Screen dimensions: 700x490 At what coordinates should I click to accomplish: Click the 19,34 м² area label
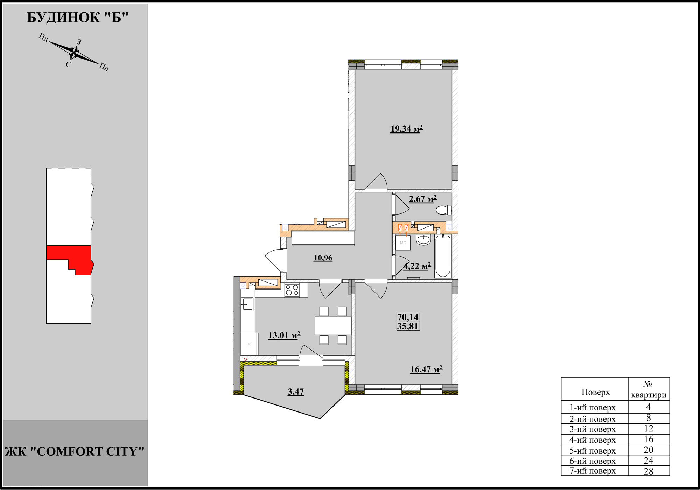[406, 129]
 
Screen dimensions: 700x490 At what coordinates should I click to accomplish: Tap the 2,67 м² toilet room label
[423, 199]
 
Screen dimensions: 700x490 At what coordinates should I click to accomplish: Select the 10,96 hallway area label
[323, 258]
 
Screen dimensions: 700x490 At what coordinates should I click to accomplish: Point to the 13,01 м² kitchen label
[284, 335]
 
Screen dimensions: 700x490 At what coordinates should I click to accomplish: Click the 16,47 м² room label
[426, 369]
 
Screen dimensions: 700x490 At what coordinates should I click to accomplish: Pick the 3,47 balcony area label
[296, 392]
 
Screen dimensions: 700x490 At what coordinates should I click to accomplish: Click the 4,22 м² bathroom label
[417, 266]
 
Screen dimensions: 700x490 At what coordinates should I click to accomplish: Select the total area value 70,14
[408, 317]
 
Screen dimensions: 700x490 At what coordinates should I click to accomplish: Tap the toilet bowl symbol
[444, 210]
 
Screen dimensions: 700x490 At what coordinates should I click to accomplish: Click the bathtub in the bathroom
[443, 257]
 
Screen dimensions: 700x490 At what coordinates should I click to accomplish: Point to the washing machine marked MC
[403, 243]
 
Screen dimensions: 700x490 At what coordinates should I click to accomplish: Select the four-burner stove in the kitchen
[292, 290]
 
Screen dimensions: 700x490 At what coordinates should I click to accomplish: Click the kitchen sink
[247, 304]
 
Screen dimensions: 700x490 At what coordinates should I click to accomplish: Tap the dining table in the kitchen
[333, 326]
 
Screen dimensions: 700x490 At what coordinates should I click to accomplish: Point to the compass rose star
[74, 53]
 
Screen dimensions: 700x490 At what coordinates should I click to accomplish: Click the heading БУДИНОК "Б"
[78, 17]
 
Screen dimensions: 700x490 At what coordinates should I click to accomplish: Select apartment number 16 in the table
[649, 439]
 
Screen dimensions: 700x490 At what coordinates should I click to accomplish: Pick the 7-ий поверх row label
[593, 471]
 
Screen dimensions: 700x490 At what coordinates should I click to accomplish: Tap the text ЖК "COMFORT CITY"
[75, 451]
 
